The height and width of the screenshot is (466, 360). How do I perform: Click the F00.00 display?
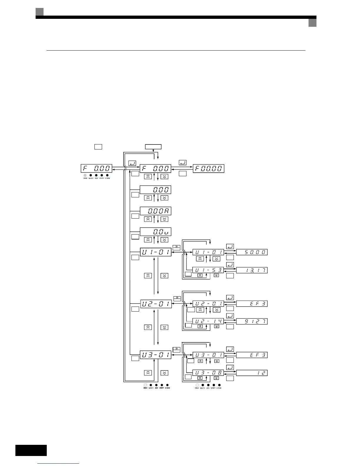point(209,169)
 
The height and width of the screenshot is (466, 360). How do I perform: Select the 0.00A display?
point(155,211)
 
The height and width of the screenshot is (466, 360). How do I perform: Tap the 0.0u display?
point(155,232)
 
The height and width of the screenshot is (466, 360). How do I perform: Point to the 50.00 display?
point(252,252)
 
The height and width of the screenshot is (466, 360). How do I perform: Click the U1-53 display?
point(208,270)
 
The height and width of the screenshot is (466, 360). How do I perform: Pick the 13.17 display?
point(252,270)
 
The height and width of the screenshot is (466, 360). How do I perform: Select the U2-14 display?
point(208,321)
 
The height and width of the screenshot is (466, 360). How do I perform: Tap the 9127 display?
point(252,321)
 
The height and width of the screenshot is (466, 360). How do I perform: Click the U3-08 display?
point(208,373)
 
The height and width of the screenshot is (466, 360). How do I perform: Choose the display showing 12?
point(252,373)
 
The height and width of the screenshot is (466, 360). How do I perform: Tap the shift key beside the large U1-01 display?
point(176,248)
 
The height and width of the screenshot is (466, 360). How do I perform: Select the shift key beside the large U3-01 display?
point(176,349)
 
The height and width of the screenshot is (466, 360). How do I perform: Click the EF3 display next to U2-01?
point(252,304)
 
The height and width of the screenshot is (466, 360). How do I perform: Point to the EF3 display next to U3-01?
point(252,355)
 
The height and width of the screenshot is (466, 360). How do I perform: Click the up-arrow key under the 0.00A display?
point(148,219)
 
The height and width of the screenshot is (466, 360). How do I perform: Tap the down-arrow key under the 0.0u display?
point(164,240)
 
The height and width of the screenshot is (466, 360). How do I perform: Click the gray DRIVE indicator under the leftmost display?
point(85,175)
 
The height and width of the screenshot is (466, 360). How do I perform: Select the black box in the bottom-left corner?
point(31,450)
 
